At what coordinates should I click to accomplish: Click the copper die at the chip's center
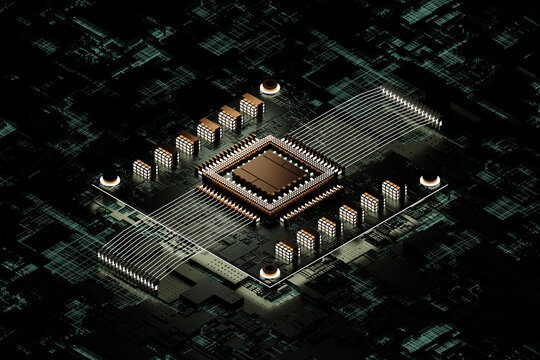pyautogui.click(x=269, y=172)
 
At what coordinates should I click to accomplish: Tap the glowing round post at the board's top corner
pyautogui.click(x=269, y=88)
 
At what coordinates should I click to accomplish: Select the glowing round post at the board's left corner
pyautogui.click(x=110, y=181)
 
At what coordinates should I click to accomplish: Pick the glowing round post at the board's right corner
pyautogui.click(x=430, y=181)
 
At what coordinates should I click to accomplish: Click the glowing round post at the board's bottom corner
pyautogui.click(x=269, y=272)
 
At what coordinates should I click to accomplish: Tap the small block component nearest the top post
pyautogui.click(x=251, y=105)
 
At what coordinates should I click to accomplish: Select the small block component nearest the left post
pyautogui.click(x=143, y=169)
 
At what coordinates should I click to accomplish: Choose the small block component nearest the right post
pyautogui.click(x=392, y=190)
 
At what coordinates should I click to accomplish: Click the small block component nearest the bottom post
pyautogui.click(x=285, y=251)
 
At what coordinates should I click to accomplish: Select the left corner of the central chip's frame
pyautogui.click(x=199, y=173)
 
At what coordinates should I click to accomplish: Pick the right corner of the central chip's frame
pyautogui.click(x=341, y=172)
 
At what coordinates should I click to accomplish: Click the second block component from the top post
pyautogui.click(x=230, y=118)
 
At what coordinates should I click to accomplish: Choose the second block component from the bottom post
pyautogui.click(x=306, y=239)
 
